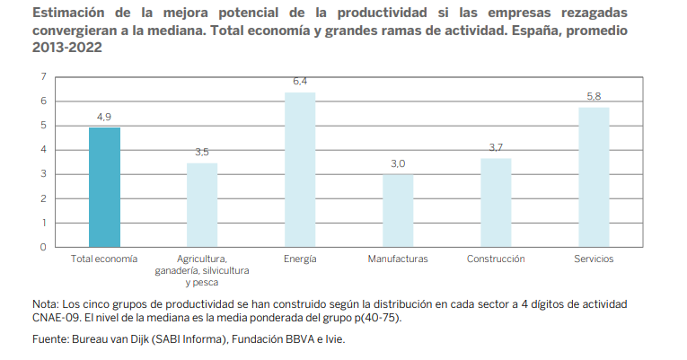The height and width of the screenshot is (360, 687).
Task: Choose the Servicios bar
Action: coord(594,176)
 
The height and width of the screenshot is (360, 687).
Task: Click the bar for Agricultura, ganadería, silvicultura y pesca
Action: coord(202,205)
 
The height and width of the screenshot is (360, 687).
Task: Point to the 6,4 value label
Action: coord(300,82)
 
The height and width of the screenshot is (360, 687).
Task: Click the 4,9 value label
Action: coord(104,117)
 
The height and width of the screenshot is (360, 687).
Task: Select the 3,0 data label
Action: coord(398,163)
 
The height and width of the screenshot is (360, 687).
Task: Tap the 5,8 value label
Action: coord(594,96)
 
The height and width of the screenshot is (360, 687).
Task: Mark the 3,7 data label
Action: coord(496,147)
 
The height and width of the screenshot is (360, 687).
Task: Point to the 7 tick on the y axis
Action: coord(43,76)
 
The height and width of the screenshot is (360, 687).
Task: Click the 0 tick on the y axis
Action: coord(43,247)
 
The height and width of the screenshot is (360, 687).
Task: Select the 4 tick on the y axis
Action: coord(43,150)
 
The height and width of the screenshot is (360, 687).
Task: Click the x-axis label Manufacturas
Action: coord(398,259)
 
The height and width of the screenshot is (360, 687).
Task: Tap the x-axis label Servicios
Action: coord(594,259)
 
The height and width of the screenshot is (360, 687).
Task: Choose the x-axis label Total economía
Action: coord(104,259)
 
